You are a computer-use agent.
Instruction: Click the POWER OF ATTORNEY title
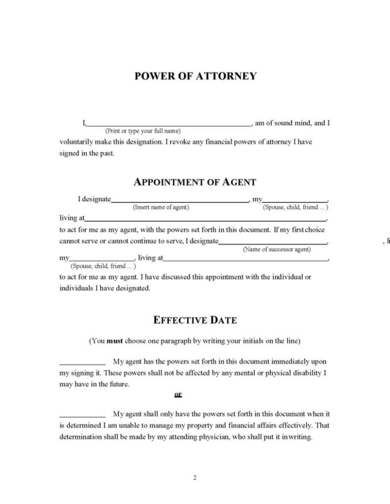pos(195,77)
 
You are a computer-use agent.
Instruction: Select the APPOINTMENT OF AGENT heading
pos(195,183)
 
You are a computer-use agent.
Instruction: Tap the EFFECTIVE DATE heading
pos(195,320)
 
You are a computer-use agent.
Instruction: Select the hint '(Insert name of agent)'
pos(161,207)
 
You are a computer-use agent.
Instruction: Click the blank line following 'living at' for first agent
pos(205,220)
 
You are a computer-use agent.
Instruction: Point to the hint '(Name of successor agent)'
pos(277,249)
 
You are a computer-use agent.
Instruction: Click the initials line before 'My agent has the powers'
pos(82,363)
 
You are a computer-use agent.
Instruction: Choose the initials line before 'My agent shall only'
pos(82,415)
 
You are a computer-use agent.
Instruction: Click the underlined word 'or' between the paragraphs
pos(178,394)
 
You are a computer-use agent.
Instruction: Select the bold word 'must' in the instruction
pos(115,341)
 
